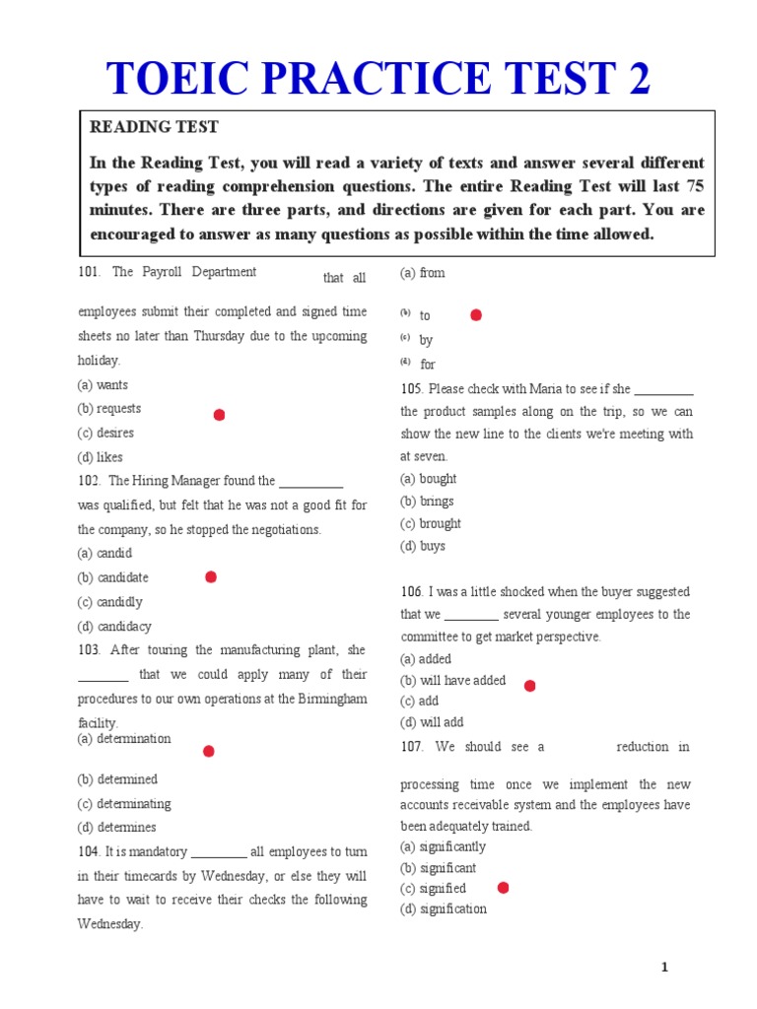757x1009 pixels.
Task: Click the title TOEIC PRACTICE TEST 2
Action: pyautogui.click(x=378, y=79)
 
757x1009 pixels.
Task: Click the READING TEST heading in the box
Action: pyautogui.click(x=154, y=127)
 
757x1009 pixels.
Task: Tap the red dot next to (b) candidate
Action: pyautogui.click(x=210, y=577)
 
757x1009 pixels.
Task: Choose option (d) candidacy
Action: pyautogui.click(x=114, y=626)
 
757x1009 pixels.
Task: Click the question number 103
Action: pyautogui.click(x=89, y=650)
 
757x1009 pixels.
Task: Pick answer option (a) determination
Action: pyautogui.click(x=124, y=738)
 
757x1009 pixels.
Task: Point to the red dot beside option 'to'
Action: pyautogui.click(x=476, y=315)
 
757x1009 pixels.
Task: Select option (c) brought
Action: pyautogui.click(x=431, y=523)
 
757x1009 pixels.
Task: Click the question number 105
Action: pyautogui.click(x=412, y=389)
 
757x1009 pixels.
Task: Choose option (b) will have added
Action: pyautogui.click(x=452, y=680)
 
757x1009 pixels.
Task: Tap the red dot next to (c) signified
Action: pyautogui.click(x=503, y=888)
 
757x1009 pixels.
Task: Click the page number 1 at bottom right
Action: pyautogui.click(x=664, y=968)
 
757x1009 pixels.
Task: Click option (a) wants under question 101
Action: pyautogui.click(x=103, y=385)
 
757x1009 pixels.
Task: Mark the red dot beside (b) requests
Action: pyautogui.click(x=219, y=415)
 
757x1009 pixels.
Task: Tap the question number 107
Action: pyautogui.click(x=412, y=747)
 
